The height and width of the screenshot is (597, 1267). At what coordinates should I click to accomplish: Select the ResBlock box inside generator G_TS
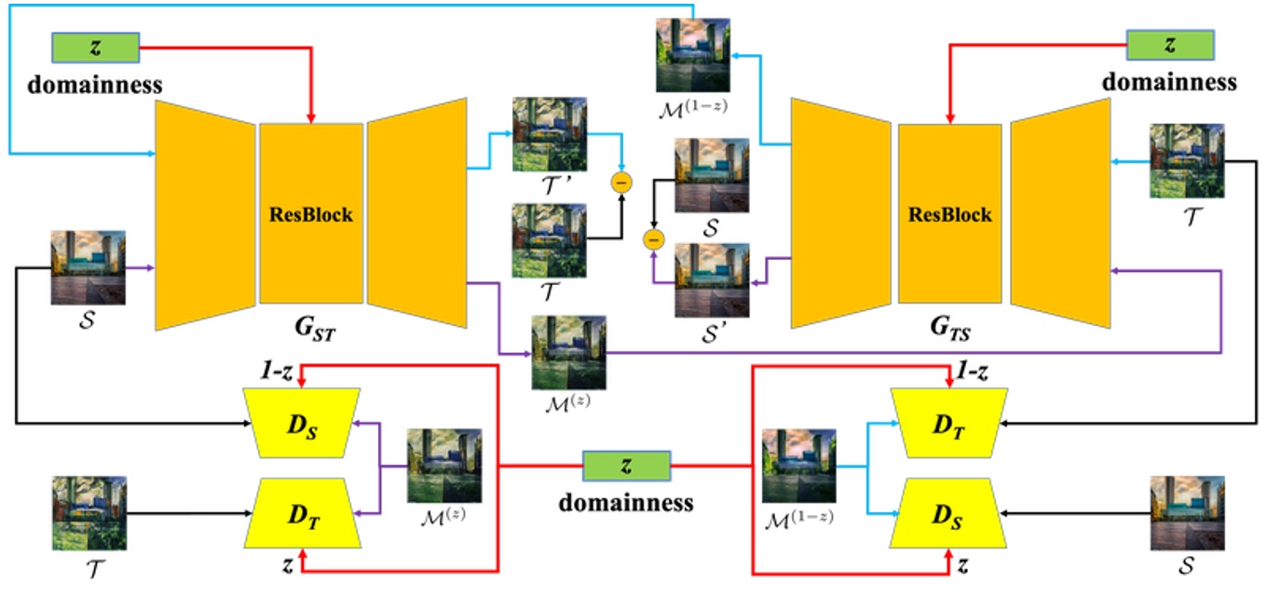949,213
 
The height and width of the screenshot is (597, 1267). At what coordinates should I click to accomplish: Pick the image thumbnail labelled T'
550,133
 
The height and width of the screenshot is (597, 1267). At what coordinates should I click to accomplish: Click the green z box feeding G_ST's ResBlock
96,47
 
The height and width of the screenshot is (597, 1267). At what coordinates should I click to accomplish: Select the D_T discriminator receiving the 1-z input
947,423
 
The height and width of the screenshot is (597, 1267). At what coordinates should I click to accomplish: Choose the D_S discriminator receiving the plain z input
947,512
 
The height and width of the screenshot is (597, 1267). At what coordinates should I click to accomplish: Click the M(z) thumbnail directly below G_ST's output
568,352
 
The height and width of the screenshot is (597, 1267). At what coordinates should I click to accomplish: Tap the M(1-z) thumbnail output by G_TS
692,55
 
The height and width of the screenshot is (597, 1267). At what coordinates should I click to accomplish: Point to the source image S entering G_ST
89,267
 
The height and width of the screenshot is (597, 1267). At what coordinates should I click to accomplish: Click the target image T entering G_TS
1187,161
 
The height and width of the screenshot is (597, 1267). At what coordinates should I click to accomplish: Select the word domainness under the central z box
626,503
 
